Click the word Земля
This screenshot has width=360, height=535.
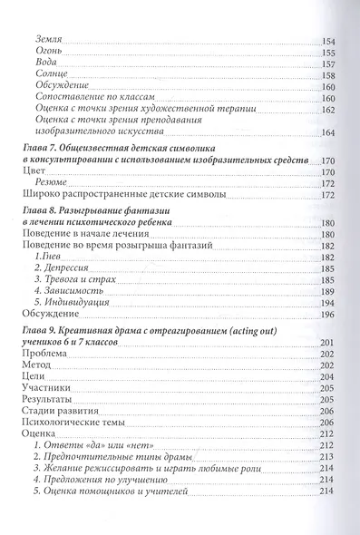coord(49,43)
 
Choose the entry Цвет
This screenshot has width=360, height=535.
coord(32,170)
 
